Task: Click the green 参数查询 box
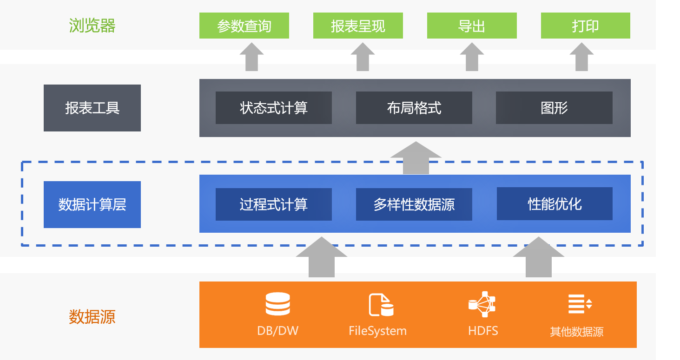244,26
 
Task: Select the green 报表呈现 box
358,26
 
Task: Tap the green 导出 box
472,26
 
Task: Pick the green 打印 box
586,26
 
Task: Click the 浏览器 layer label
92,26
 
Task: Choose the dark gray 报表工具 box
92,108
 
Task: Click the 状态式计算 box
273,108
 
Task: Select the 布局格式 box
414,108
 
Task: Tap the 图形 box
554,108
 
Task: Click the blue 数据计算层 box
92,204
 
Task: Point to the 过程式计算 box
273,204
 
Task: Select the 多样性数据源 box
414,204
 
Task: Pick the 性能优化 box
555,204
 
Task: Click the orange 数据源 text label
92,317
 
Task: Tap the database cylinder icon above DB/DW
277,304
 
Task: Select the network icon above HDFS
482,304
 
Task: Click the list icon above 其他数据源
580,304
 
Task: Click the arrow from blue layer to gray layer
416,158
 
